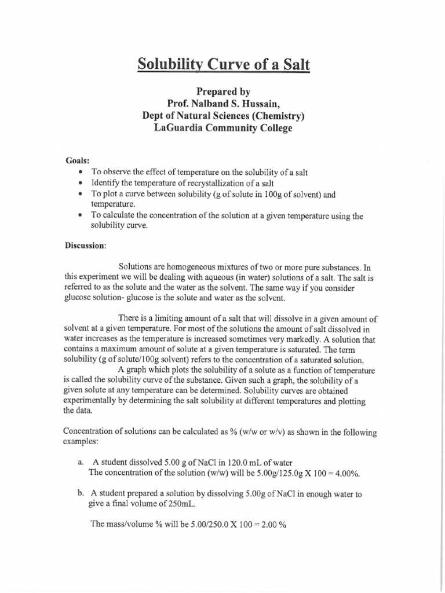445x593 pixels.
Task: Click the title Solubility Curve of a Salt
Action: coord(224,64)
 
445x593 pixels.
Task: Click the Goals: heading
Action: coord(78,160)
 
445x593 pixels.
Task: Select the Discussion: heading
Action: coord(85,245)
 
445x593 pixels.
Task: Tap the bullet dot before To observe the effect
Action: coord(79,173)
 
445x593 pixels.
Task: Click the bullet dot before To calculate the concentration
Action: coord(79,216)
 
